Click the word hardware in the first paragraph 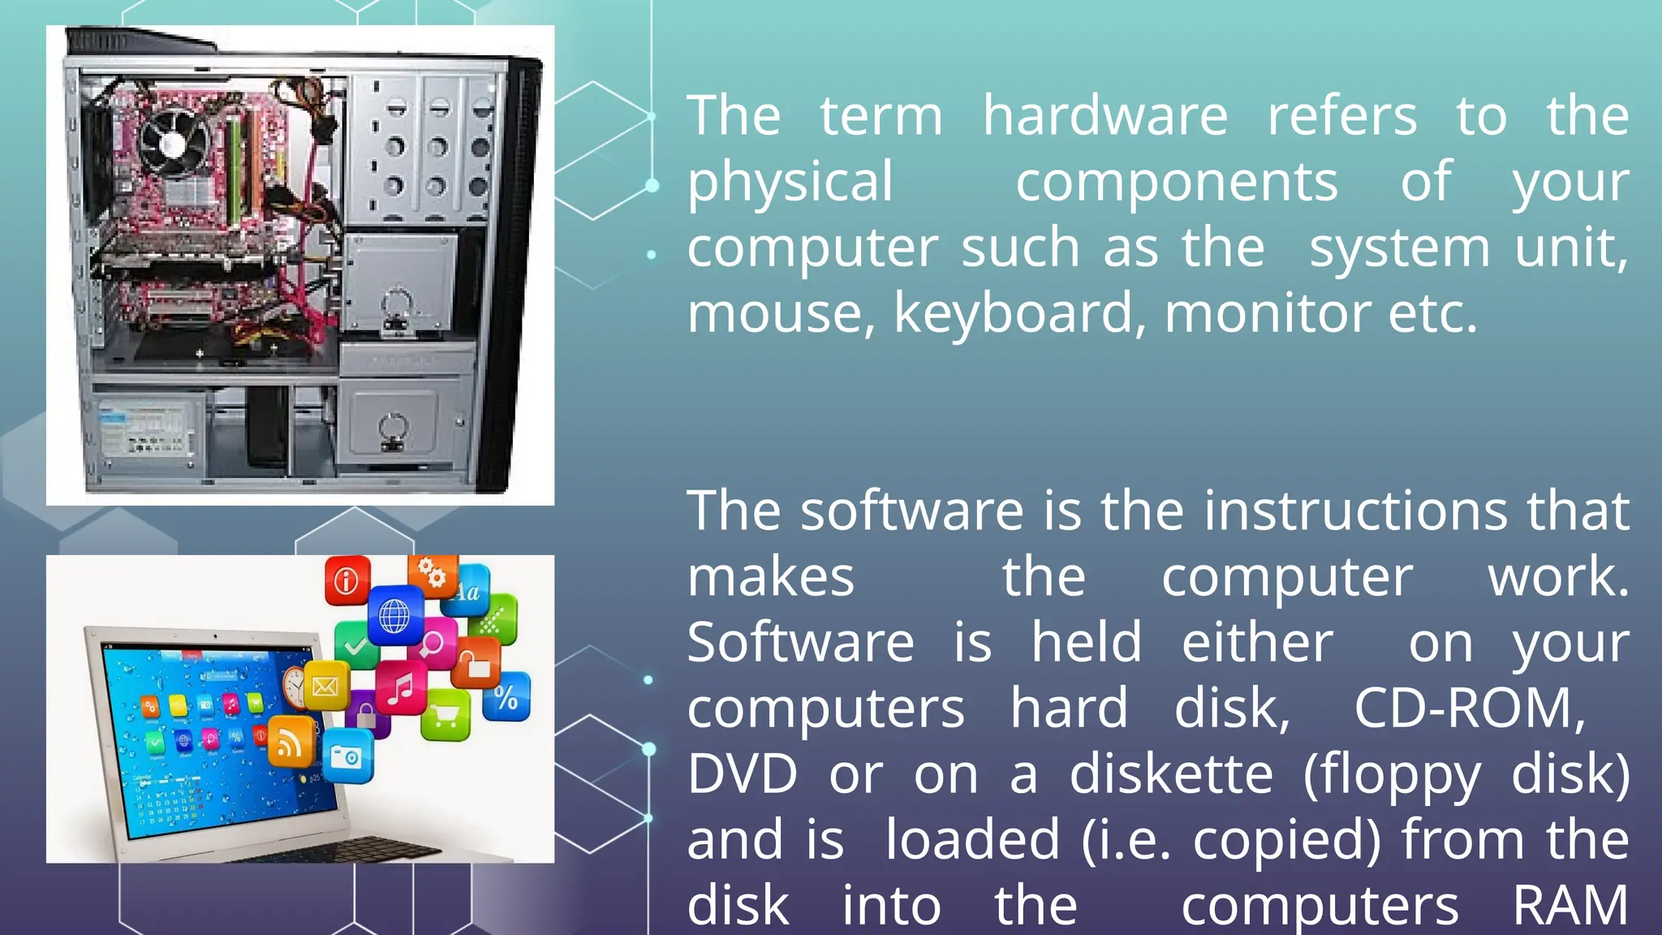pos(1105,116)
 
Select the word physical pos(790,183)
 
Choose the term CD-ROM pos(1469,709)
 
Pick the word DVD pos(742,774)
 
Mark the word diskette pos(1171,774)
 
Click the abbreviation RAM pos(1570,906)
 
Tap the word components pos(1177,183)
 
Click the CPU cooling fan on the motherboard pos(173,144)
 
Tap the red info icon pos(347,580)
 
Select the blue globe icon pos(395,615)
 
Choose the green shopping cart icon pos(446,715)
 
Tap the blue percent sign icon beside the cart pos(506,697)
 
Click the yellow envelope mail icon pos(325,687)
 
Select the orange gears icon pos(432,575)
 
